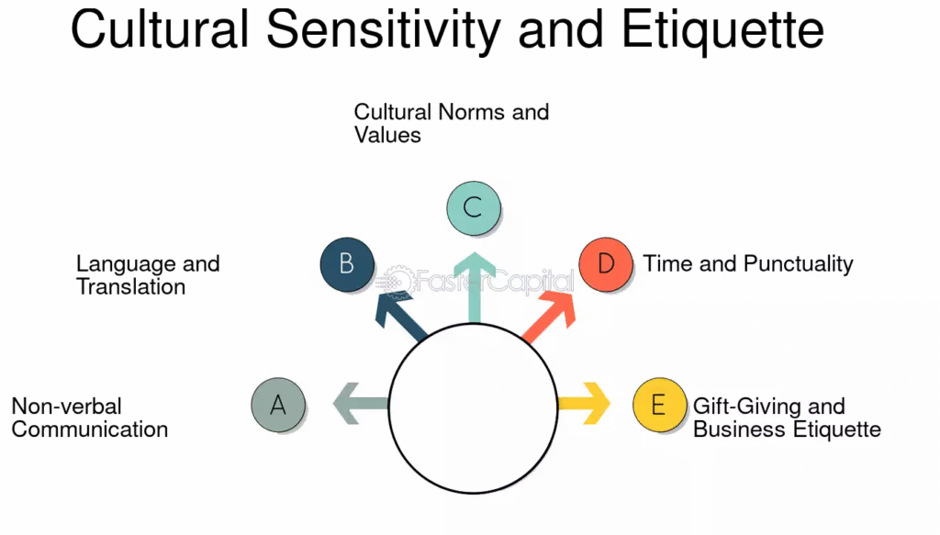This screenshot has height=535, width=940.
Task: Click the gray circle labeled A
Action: click(x=278, y=404)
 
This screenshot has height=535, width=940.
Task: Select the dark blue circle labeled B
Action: click(x=347, y=264)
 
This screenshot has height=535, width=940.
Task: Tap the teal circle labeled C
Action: click(x=473, y=207)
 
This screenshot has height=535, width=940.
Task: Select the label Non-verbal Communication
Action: click(x=89, y=418)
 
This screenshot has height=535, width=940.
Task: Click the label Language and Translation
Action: click(x=147, y=275)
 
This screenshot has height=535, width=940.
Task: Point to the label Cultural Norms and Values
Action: click(x=451, y=123)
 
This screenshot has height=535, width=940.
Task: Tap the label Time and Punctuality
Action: click(x=748, y=264)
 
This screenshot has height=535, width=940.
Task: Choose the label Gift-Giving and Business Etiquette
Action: click(x=787, y=418)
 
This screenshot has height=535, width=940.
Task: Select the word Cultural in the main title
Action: click(x=160, y=30)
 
